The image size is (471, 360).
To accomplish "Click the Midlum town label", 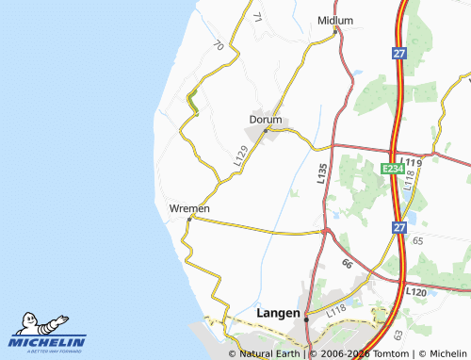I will [335, 20].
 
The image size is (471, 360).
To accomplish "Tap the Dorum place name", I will [266, 120].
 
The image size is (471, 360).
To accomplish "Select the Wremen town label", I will [189, 208].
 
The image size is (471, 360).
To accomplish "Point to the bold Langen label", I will [279, 313].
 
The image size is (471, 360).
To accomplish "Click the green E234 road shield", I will [393, 168].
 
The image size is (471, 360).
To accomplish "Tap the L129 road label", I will [242, 155].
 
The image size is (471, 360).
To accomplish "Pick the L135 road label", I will [322, 172].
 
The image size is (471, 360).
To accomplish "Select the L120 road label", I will [416, 293].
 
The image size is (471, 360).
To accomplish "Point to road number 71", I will [257, 18].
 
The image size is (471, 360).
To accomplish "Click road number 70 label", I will [219, 45].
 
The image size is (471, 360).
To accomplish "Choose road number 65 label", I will [418, 242].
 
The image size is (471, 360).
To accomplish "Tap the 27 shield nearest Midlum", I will [400, 55].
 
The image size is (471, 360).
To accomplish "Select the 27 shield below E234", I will [400, 228].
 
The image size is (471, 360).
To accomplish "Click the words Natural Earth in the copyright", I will [269, 353].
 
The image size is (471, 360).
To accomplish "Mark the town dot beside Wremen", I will [189, 219].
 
